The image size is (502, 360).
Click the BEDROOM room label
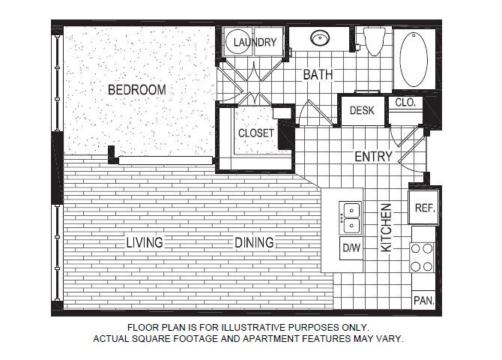(x=136, y=90)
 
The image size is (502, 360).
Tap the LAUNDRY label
(x=255, y=42)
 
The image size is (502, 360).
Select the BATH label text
(x=318, y=75)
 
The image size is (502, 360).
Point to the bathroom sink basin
(x=320, y=37)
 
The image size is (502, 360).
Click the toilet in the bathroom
(x=375, y=41)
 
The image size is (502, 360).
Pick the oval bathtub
(x=414, y=59)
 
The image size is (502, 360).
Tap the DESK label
(x=362, y=110)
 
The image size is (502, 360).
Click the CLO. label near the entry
(x=405, y=103)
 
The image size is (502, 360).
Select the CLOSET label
(x=256, y=133)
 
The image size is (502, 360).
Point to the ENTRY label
(x=373, y=157)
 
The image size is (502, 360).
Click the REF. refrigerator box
(x=423, y=208)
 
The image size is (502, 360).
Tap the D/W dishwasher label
(x=351, y=247)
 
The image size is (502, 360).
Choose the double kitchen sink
(x=351, y=218)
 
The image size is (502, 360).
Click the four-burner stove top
(x=422, y=257)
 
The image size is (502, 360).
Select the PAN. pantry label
(x=423, y=301)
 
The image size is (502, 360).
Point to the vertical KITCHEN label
(x=386, y=227)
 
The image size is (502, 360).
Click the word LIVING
(x=145, y=243)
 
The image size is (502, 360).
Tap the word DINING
(x=255, y=243)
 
